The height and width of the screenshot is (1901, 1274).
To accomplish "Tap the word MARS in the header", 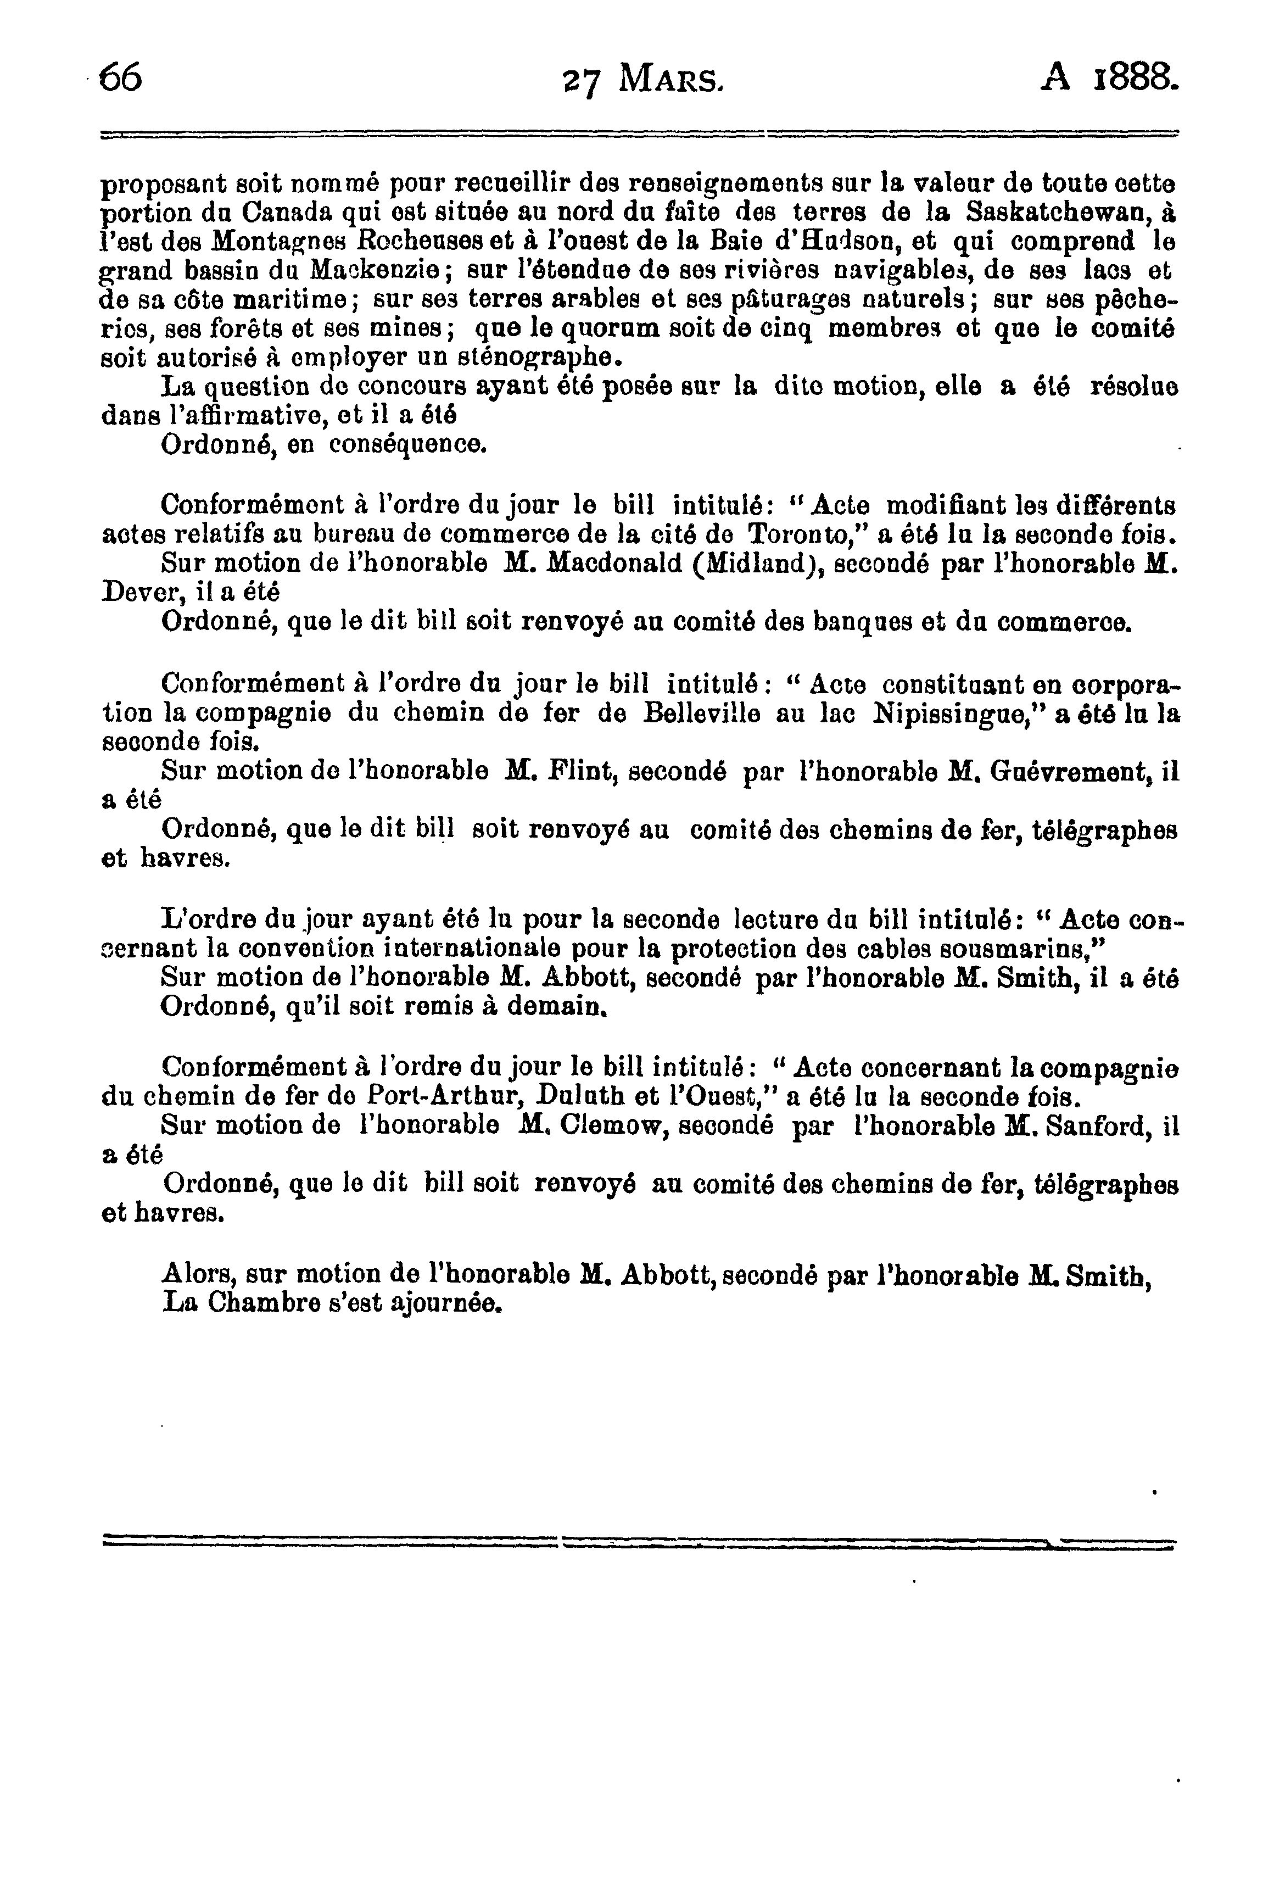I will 669,80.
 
